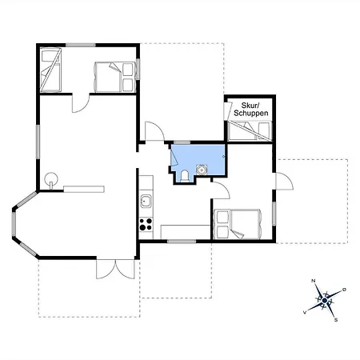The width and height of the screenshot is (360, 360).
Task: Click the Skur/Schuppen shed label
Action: click(251, 109)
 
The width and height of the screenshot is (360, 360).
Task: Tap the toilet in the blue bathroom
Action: click(185, 176)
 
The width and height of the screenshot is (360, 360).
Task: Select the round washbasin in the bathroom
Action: click(202, 170)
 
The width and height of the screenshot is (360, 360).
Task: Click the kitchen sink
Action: click(146, 201)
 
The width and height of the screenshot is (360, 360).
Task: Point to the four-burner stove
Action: click(146, 224)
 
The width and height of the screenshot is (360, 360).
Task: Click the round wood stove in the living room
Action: click(50, 179)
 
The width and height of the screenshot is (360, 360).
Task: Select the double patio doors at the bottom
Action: click(115, 269)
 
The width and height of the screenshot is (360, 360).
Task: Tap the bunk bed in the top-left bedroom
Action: click(50, 70)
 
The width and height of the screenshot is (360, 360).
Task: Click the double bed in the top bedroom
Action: click(115, 77)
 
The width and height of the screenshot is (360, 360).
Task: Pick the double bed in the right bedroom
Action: click(238, 224)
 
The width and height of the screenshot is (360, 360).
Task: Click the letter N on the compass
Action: click(314, 281)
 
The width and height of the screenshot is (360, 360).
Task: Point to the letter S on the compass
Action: click(336, 320)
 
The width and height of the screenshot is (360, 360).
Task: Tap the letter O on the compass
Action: click(344, 290)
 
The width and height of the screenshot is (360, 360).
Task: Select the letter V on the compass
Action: click(305, 312)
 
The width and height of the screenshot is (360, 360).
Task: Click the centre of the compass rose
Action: click(325, 301)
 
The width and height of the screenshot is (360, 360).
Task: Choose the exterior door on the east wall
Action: click(284, 182)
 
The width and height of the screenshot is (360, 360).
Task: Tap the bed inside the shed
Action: click(250, 130)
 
